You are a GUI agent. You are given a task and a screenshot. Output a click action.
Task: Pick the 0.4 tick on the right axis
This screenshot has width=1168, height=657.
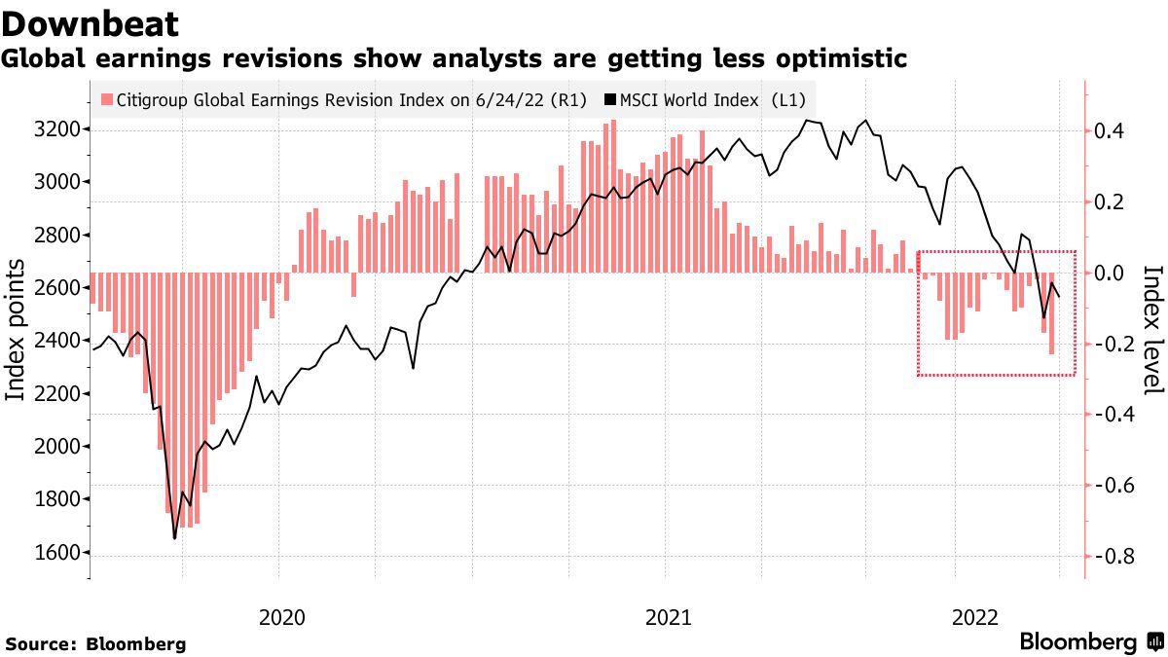[x=1113, y=131]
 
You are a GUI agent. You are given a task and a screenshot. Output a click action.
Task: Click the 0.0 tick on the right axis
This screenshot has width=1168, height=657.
[x=1113, y=273]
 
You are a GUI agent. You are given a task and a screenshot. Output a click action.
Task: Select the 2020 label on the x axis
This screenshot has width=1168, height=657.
[x=281, y=617]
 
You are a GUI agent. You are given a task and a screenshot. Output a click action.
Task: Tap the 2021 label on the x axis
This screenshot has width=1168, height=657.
[x=669, y=617]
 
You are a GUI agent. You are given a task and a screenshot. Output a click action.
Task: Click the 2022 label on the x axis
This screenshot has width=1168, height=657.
[x=976, y=617]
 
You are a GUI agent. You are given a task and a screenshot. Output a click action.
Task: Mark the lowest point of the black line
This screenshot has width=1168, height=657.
[x=175, y=537]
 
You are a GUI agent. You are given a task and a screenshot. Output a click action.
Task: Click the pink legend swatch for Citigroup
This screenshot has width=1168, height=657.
[x=107, y=100]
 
